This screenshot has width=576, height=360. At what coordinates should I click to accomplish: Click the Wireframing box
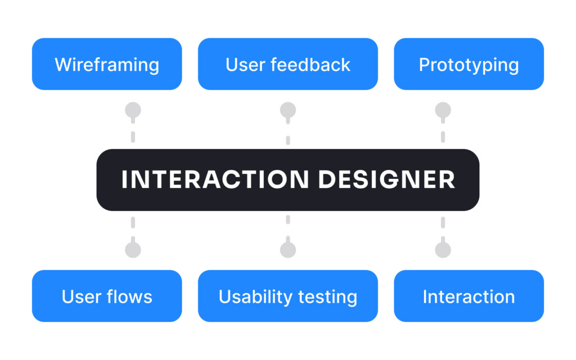click(x=107, y=64)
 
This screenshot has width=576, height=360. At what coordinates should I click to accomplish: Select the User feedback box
click(x=287, y=64)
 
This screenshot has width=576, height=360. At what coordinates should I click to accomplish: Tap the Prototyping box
click(x=469, y=64)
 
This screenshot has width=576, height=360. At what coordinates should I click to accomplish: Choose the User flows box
click(x=107, y=296)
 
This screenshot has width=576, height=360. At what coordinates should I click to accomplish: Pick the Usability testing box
click(x=287, y=296)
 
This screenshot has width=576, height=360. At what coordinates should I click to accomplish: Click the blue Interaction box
click(x=469, y=296)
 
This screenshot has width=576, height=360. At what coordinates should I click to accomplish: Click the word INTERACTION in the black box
click(x=215, y=179)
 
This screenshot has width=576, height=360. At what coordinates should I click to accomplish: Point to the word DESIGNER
click(x=387, y=179)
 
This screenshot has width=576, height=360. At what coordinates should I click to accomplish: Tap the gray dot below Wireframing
click(x=133, y=110)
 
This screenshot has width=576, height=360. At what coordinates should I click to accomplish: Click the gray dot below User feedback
click(x=288, y=110)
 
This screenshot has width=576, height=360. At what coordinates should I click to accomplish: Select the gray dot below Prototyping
click(x=443, y=110)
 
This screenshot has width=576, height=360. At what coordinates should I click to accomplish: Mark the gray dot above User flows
click(x=133, y=250)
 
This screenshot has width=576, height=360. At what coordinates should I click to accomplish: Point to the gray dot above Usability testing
click(x=288, y=250)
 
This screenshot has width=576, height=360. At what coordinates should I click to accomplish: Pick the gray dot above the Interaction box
click(x=443, y=250)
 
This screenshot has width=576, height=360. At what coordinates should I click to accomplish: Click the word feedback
click(x=310, y=65)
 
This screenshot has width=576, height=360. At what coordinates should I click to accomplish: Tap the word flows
click(x=129, y=296)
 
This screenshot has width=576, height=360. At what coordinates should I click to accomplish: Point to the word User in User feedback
click(x=245, y=65)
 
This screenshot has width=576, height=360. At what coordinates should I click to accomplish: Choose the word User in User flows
click(x=81, y=297)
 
